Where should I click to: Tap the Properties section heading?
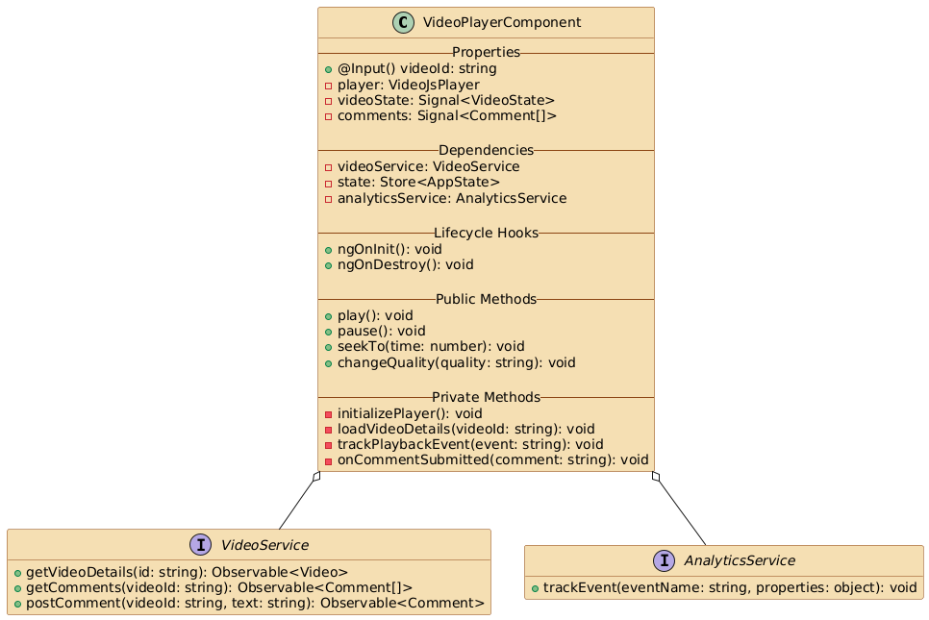pyautogui.click(x=486, y=52)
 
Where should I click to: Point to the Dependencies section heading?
pyautogui.click(x=486, y=151)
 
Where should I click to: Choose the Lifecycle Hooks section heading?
pyautogui.click(x=486, y=234)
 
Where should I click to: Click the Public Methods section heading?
pyautogui.click(x=486, y=300)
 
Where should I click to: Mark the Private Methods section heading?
pyautogui.click(x=486, y=398)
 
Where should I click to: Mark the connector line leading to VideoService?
pyautogui.click(x=298, y=503)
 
